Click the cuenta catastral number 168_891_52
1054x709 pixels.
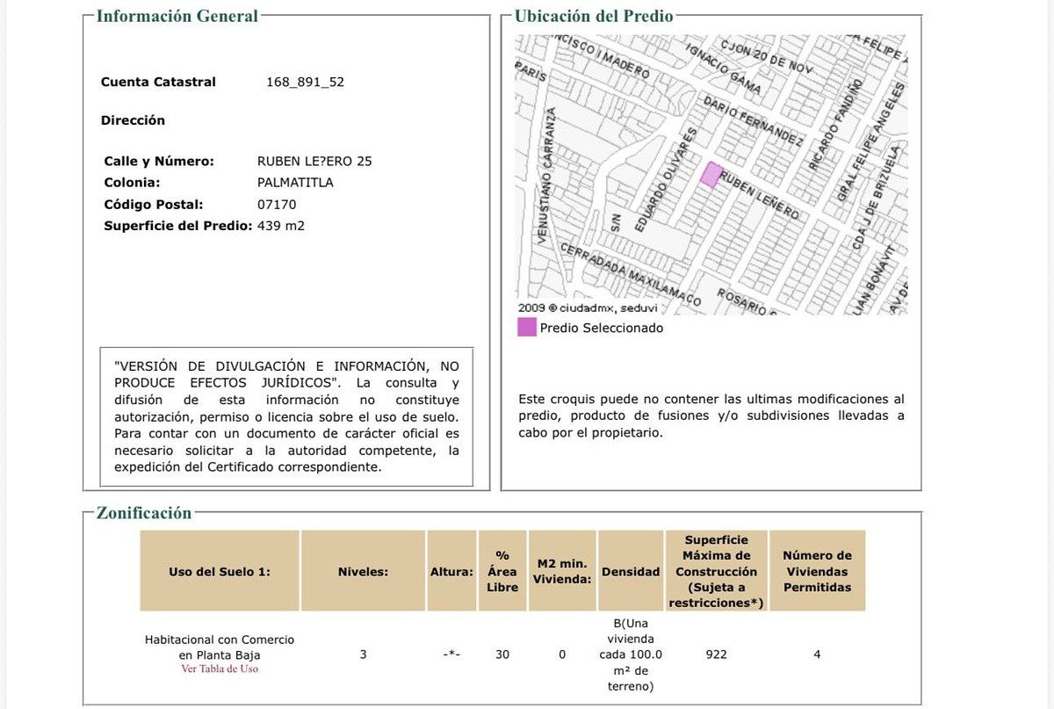click(x=305, y=82)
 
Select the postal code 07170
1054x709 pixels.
click(x=277, y=204)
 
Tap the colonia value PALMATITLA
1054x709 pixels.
click(x=295, y=183)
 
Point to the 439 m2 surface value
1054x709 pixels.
click(x=281, y=226)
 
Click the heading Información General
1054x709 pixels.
click(x=177, y=16)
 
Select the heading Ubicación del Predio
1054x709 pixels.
click(x=594, y=16)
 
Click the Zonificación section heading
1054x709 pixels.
click(x=143, y=513)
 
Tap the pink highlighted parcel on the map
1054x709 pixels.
click(x=711, y=174)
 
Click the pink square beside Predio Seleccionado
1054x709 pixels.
click(x=527, y=328)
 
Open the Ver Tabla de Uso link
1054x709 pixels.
click(x=220, y=669)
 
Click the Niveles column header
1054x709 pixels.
click(x=363, y=571)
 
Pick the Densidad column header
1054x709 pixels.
click(x=630, y=571)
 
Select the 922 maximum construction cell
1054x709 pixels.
click(x=716, y=655)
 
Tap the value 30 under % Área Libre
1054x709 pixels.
click(x=502, y=655)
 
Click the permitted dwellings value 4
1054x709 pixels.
click(x=817, y=655)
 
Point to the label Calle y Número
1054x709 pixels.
click(x=158, y=161)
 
